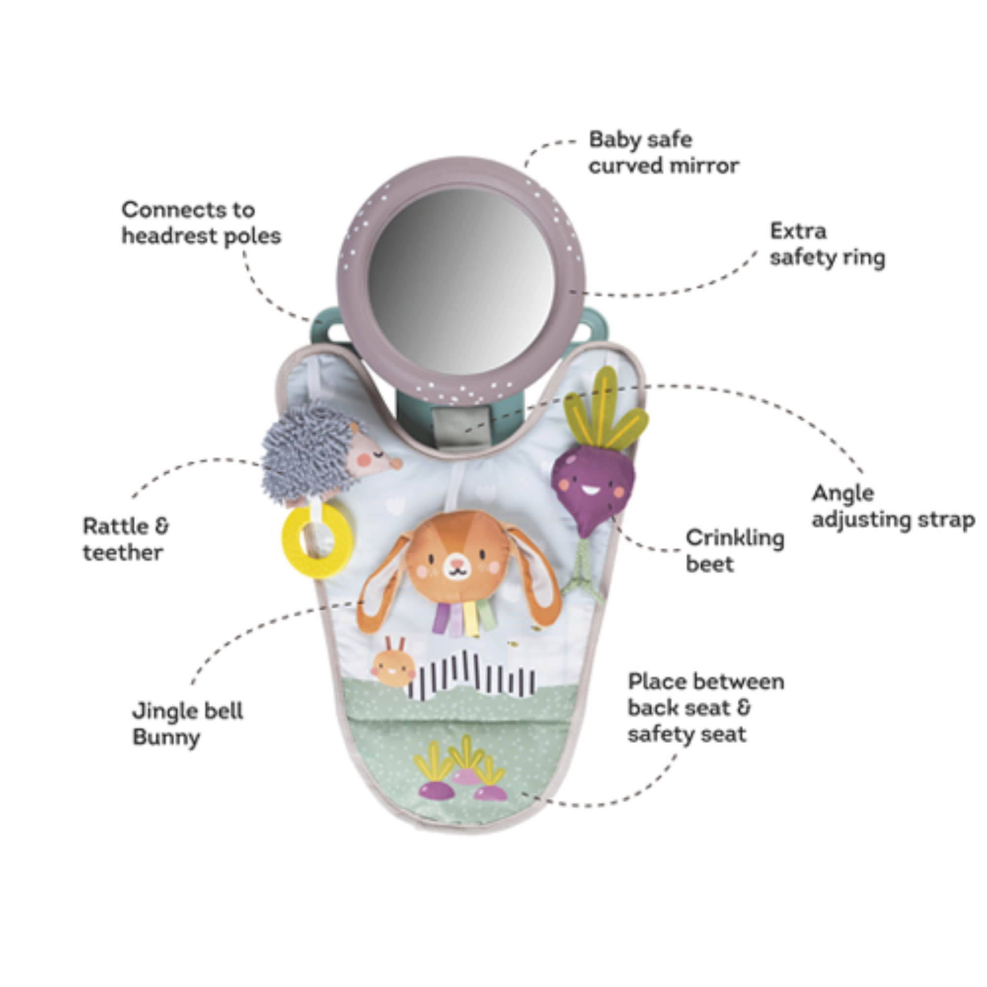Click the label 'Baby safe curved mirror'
tap(663, 152)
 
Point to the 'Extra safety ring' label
tap(827, 244)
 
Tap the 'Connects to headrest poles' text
tap(201, 223)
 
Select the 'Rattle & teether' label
tap(126, 539)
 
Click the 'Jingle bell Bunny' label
tap(188, 723)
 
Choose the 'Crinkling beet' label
tap(735, 551)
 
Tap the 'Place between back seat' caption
tap(706, 708)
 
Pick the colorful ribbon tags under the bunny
tap(464, 618)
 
